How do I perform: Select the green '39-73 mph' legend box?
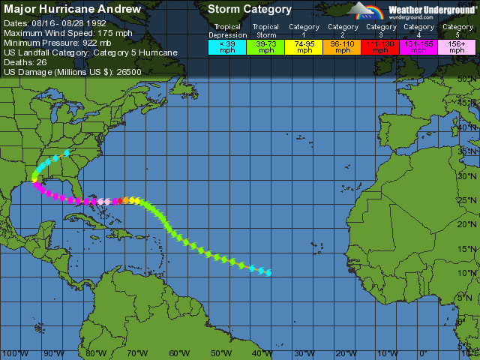point(265,46)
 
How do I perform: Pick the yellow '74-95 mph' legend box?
point(304,46)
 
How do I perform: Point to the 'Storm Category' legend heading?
point(249,10)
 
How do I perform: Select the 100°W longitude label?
point(10,353)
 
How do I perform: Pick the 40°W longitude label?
point(262,353)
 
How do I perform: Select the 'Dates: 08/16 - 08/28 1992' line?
point(55,23)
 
